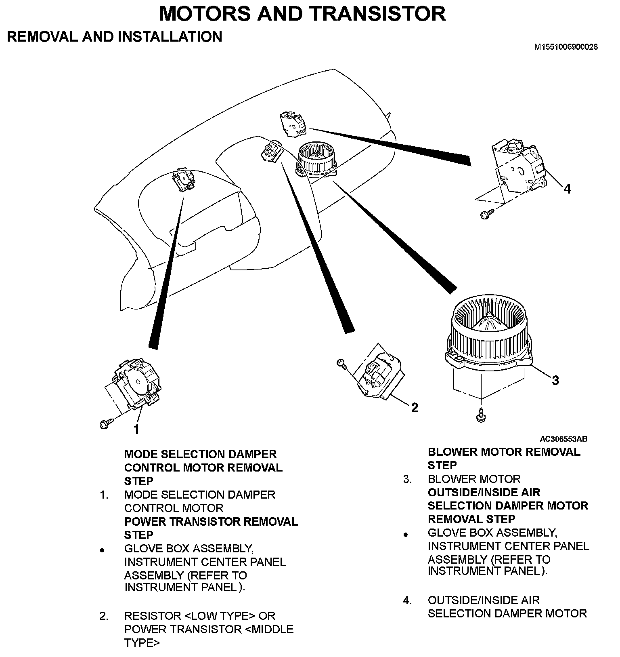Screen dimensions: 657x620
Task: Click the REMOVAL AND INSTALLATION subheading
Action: coord(115,37)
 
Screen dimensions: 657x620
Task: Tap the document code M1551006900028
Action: coord(566,47)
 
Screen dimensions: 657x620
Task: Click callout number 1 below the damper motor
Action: coord(136,429)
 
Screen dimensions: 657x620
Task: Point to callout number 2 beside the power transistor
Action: coord(414,408)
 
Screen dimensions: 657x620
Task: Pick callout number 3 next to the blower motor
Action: coord(555,380)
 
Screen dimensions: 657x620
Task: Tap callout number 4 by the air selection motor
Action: coord(567,189)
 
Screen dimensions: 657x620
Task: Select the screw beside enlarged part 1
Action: coord(104,424)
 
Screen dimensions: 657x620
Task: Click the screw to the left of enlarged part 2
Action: coord(341,364)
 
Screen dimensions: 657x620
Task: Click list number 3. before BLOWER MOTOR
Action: coord(408,479)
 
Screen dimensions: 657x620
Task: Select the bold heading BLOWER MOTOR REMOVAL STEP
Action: coord(503,459)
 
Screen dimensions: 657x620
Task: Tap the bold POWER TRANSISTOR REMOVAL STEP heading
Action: coord(211,528)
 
